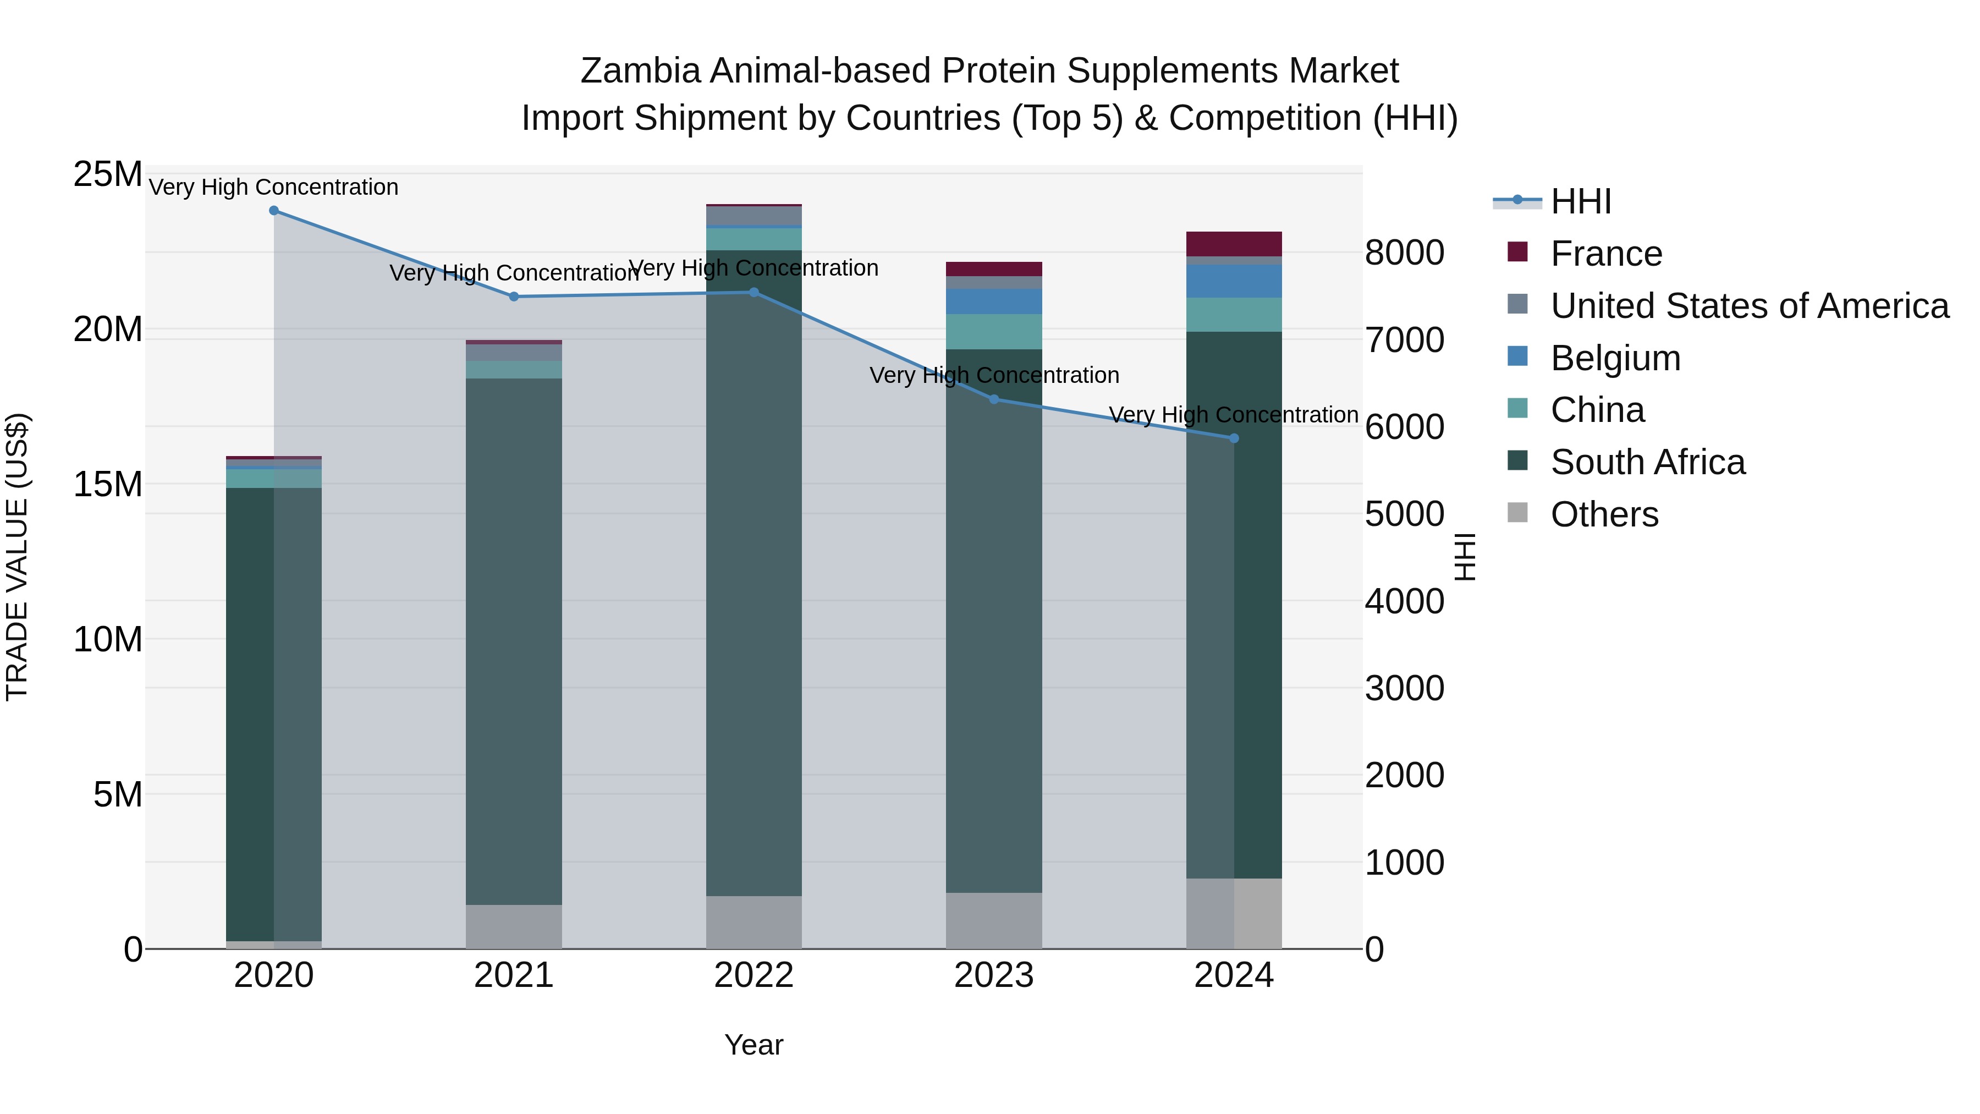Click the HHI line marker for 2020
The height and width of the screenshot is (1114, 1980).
[274, 211]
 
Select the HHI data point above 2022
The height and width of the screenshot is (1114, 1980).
[754, 292]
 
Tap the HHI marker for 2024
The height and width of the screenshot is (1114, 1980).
[1234, 438]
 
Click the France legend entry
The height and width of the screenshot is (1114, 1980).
[1605, 254]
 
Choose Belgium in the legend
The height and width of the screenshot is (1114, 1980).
[1614, 358]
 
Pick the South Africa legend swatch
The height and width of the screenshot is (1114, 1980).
[1517, 462]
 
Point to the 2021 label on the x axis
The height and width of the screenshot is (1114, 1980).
[514, 975]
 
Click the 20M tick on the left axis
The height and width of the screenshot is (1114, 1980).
[108, 330]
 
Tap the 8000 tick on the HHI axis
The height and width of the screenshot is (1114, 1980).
[1404, 253]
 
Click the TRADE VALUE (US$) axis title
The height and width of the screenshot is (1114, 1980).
[17, 557]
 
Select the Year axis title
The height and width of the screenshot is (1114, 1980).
[754, 1045]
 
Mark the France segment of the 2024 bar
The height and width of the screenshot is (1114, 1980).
[1234, 244]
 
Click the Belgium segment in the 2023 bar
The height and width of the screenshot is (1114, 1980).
[993, 301]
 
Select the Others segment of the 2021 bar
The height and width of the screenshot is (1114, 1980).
[514, 926]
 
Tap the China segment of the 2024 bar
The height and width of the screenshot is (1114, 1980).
[1234, 315]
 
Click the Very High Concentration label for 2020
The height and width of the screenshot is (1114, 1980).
[274, 188]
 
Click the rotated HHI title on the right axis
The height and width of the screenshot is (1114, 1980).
[1465, 557]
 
